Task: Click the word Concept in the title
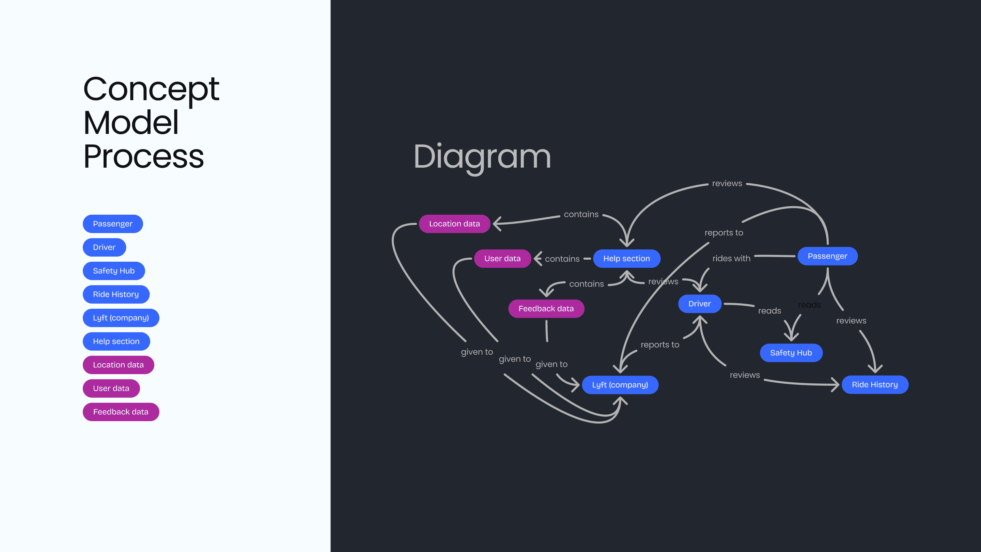click(x=151, y=89)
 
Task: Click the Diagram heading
click(x=482, y=157)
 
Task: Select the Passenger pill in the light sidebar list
click(x=113, y=224)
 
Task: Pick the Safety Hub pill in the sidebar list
click(x=113, y=271)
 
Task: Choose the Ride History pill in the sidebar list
click(x=116, y=294)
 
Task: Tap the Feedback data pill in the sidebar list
click(x=121, y=412)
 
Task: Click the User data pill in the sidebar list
click(x=111, y=388)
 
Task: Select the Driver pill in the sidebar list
click(x=104, y=248)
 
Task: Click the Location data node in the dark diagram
click(x=454, y=224)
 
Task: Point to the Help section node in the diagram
click(x=626, y=259)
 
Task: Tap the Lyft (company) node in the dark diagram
click(x=620, y=385)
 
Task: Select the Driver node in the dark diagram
click(x=700, y=304)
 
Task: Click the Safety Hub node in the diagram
click(x=791, y=353)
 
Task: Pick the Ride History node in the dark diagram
click(x=875, y=385)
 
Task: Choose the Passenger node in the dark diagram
click(x=827, y=256)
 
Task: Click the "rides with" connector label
click(x=731, y=259)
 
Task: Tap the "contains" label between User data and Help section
click(x=562, y=259)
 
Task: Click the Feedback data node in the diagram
click(x=546, y=309)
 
